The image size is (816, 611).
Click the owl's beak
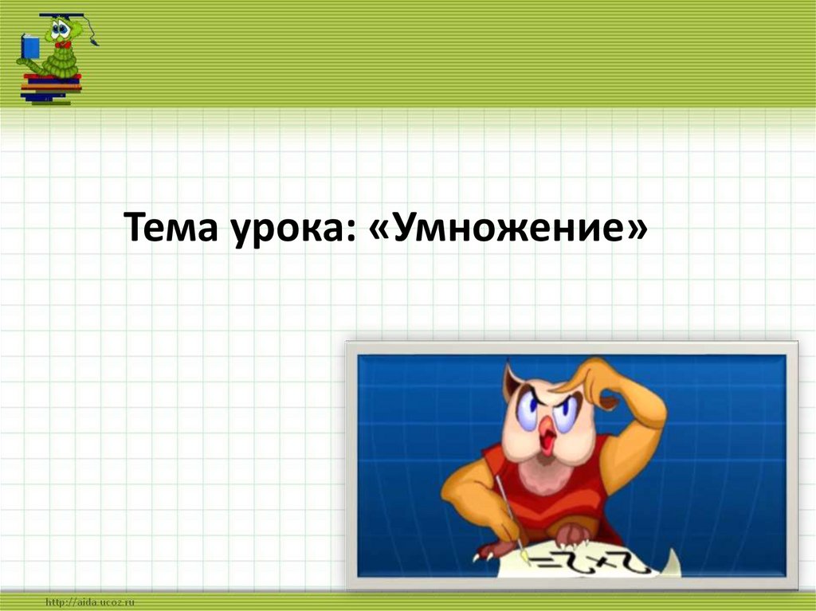[547, 435]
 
